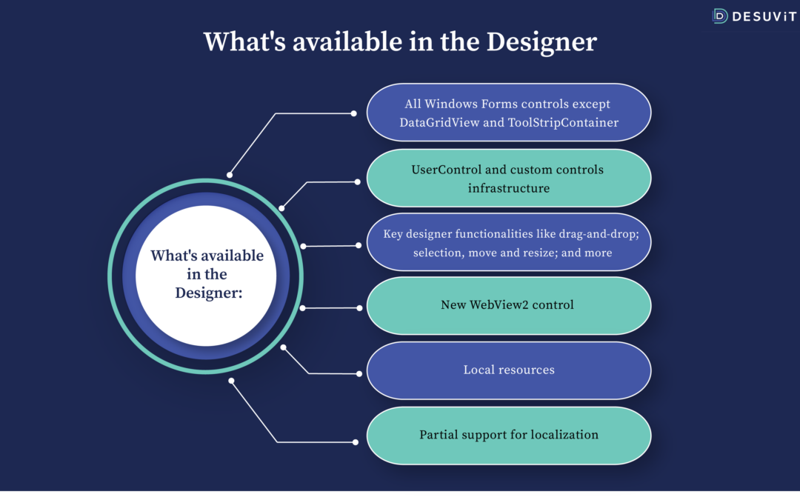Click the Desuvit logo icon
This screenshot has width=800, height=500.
click(720, 16)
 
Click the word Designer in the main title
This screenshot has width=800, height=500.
click(541, 41)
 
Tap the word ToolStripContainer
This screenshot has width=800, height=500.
click(563, 122)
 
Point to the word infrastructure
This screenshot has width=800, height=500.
click(509, 188)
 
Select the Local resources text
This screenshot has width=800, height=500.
click(509, 370)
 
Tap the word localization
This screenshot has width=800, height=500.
click(564, 435)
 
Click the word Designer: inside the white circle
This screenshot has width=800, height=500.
click(209, 293)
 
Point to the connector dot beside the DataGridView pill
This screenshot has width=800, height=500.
click(353, 113)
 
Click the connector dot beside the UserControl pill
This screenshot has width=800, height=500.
click(357, 181)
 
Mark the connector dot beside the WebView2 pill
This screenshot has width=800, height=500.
click(359, 308)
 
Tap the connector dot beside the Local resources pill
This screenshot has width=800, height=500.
click(359, 374)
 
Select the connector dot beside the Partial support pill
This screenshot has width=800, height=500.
click(355, 442)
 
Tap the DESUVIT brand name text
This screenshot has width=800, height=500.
click(764, 17)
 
